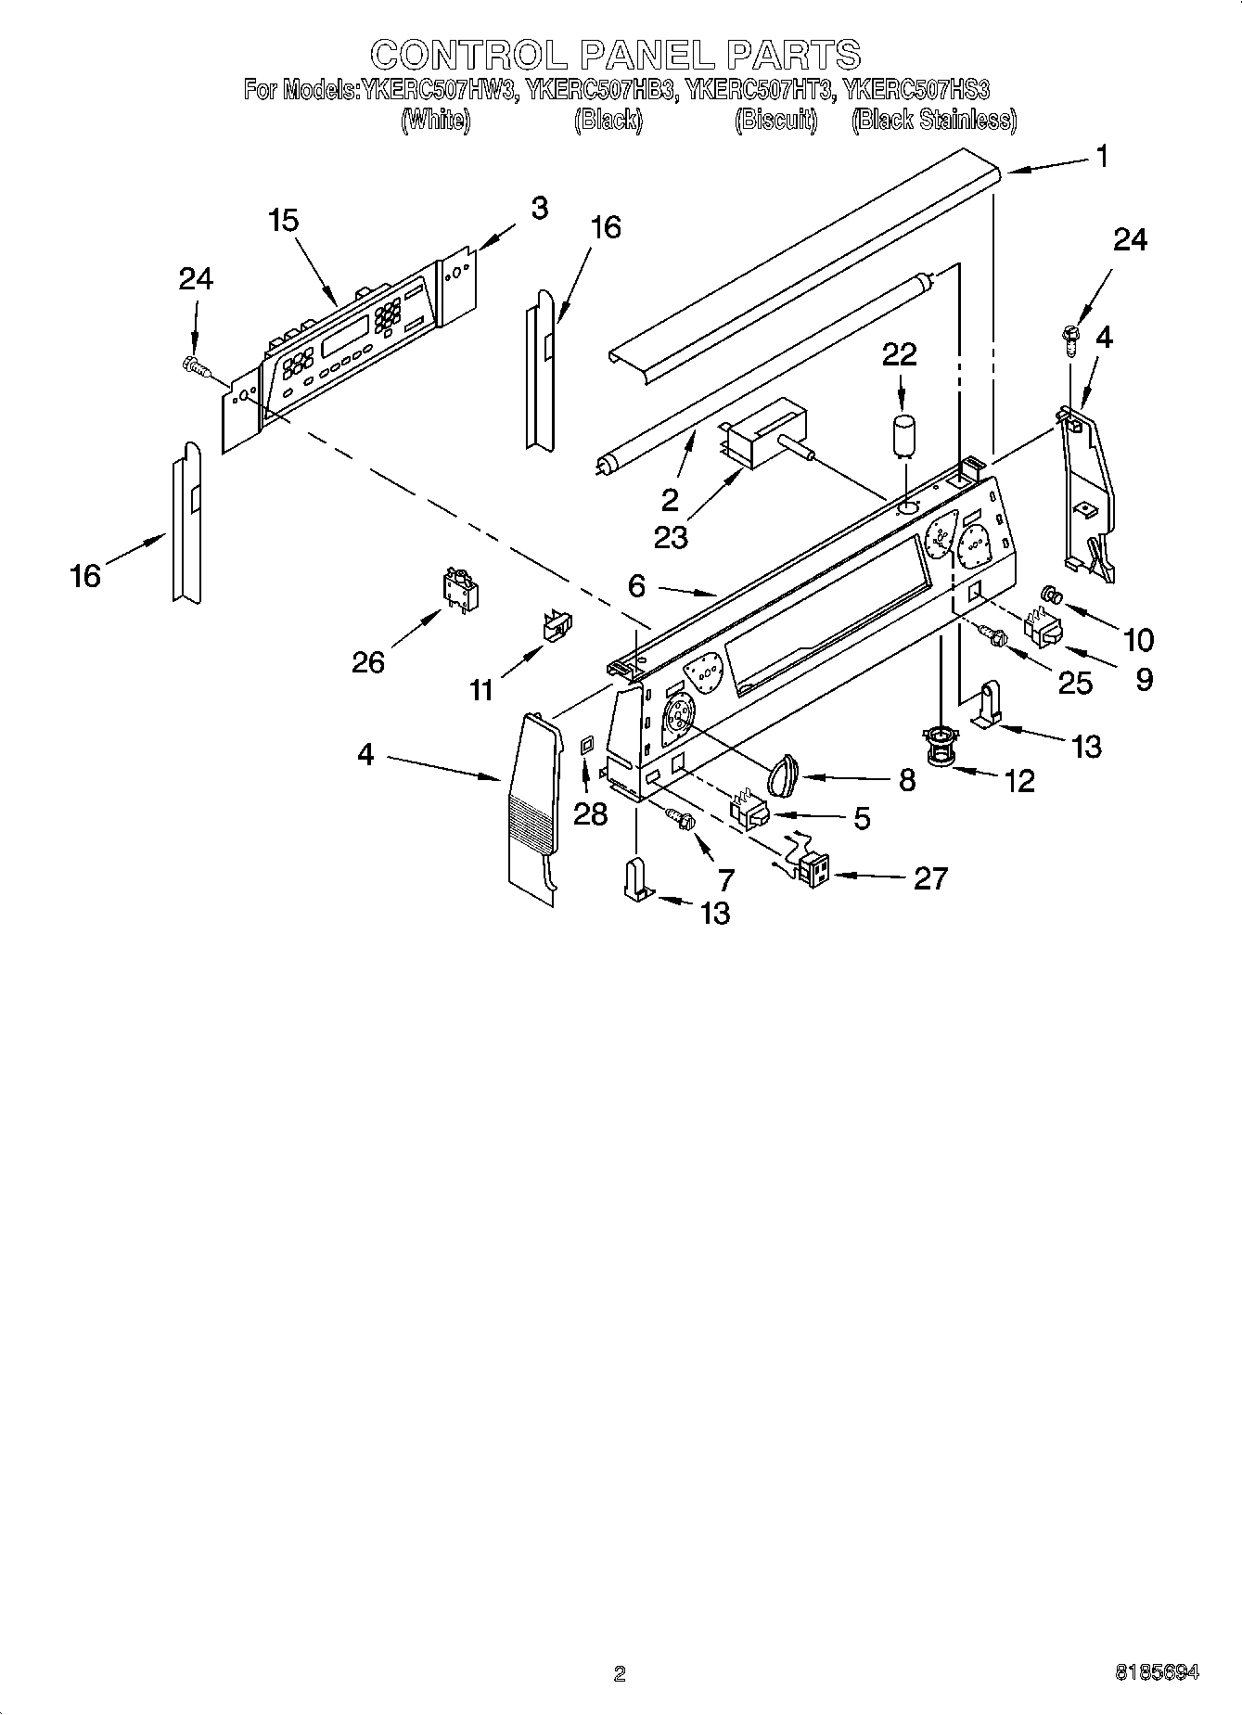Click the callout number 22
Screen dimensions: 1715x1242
click(x=899, y=354)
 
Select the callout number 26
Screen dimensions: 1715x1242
click(x=368, y=661)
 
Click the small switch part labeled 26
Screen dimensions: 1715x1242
click(x=459, y=589)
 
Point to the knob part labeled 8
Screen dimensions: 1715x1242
click(x=784, y=773)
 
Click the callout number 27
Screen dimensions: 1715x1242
click(x=930, y=877)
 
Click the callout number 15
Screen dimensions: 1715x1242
click(x=284, y=221)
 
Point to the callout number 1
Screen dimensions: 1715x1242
click(x=1101, y=157)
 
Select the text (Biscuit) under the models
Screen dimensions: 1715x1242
click(x=775, y=120)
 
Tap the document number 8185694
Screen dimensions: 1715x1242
click(x=1157, y=1672)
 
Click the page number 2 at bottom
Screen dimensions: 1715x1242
click(x=620, y=1673)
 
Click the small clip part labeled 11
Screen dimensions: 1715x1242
click(x=556, y=626)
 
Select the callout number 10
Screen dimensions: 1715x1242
click(x=1138, y=639)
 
